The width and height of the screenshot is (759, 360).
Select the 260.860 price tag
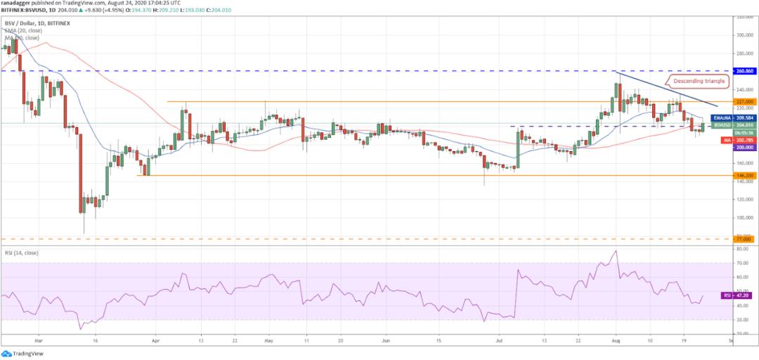(x=744, y=71)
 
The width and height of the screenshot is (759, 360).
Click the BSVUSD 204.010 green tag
(x=734, y=124)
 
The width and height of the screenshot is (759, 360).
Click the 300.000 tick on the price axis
(x=744, y=34)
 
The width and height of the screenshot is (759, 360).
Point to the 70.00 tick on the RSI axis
(x=741, y=263)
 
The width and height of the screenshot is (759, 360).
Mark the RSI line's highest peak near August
(x=616, y=251)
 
